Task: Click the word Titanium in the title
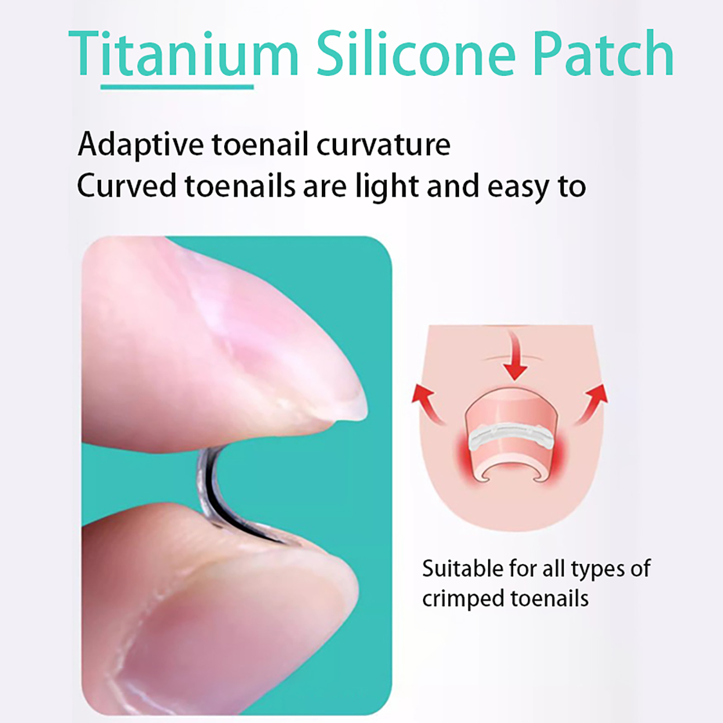click(x=183, y=53)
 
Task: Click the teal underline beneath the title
click(x=177, y=86)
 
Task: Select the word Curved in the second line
click(x=126, y=186)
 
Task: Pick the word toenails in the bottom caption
click(x=550, y=599)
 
